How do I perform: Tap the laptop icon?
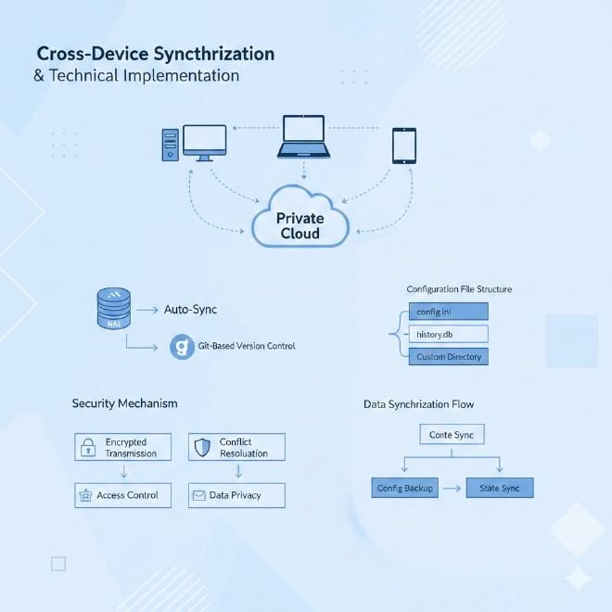coord(303,136)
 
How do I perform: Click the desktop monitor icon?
coord(204,142)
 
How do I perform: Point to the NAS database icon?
coord(113,309)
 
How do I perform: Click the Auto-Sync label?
coord(190,310)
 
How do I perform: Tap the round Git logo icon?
coord(182,348)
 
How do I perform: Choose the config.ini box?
coord(448,312)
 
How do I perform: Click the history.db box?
coord(448,334)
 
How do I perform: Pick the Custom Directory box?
coord(448,356)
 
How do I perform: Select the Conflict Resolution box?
coord(236,448)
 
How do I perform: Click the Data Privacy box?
coord(236,496)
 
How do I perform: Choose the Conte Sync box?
coord(452,434)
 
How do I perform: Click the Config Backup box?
coord(405,488)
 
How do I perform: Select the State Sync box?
coord(499,488)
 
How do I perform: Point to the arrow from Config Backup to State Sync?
coord(452,488)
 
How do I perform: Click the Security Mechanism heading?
coord(124,404)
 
